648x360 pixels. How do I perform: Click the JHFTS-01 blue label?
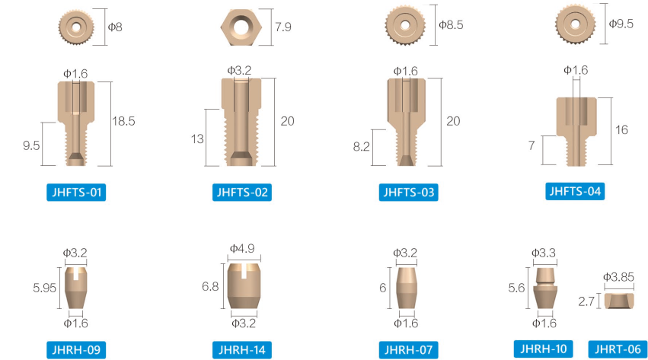pos(75,192)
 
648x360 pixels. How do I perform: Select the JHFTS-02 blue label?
pos(241,192)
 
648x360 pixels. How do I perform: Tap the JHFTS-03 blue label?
pos(409,192)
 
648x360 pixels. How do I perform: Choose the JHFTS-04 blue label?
pos(575,191)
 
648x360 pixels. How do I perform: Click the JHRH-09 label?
pos(75,349)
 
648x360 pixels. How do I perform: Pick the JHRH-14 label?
pos(241,349)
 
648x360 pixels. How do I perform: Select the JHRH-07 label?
pos(409,349)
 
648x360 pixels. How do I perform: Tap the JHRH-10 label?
pos(544,349)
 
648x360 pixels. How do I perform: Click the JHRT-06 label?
pos(618,349)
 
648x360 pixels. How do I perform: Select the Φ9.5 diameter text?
pos(621,24)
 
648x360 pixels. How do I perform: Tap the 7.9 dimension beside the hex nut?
pos(283,28)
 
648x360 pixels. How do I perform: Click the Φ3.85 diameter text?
pos(618,277)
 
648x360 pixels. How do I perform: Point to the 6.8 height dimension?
pos(210,286)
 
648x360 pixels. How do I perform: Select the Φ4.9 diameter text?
pos(243,248)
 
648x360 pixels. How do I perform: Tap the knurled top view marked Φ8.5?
pos(409,25)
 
